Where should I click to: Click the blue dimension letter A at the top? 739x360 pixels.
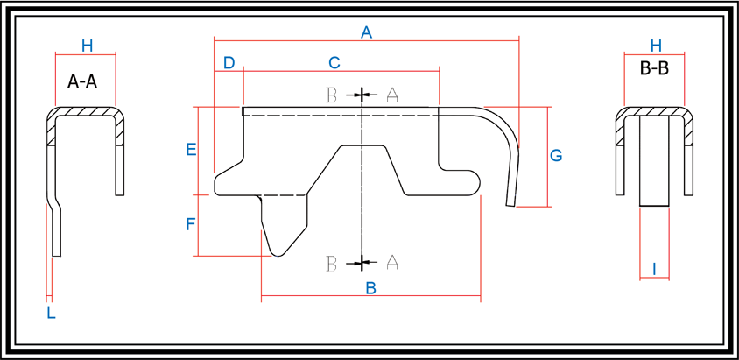coord(366,32)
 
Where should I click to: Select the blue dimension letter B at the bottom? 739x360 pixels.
coord(371,288)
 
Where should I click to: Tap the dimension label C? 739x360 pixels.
coord(334,63)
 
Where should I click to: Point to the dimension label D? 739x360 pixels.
coord(229,63)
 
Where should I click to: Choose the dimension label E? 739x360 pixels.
coord(191,150)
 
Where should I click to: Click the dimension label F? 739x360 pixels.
coord(190,225)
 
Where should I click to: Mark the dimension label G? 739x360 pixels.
coord(556,155)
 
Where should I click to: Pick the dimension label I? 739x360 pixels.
coord(654,269)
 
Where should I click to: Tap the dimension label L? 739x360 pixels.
coord(51,313)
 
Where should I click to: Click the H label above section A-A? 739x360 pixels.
coord(88,46)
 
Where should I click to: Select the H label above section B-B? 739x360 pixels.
coord(656,46)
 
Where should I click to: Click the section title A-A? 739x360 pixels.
coord(82,82)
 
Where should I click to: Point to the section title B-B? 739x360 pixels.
coord(654,69)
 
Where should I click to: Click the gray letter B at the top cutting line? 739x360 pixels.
coord(331,95)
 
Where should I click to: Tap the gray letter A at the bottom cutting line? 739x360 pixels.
coord(392,262)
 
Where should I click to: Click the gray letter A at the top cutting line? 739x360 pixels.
coord(392,95)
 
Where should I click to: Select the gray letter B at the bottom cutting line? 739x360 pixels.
coord(331,264)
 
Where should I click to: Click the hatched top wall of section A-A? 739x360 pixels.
coord(85,112)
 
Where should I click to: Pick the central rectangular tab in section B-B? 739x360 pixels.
coord(654,162)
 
